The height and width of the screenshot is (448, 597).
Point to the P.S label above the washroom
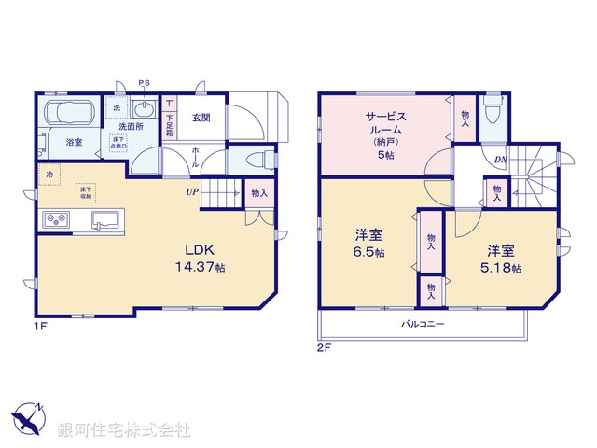coord(145,84)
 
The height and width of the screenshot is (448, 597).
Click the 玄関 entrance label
coord(201,118)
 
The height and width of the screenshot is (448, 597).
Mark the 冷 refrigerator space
coord(49,173)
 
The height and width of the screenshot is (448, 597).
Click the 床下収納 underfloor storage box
coord(85,191)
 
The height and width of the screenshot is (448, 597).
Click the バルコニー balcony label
coord(423,324)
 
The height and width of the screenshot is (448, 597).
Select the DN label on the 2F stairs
coord(501,160)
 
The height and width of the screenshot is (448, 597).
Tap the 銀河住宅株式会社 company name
coord(123,430)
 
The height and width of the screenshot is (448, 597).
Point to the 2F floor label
coord(323,346)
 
